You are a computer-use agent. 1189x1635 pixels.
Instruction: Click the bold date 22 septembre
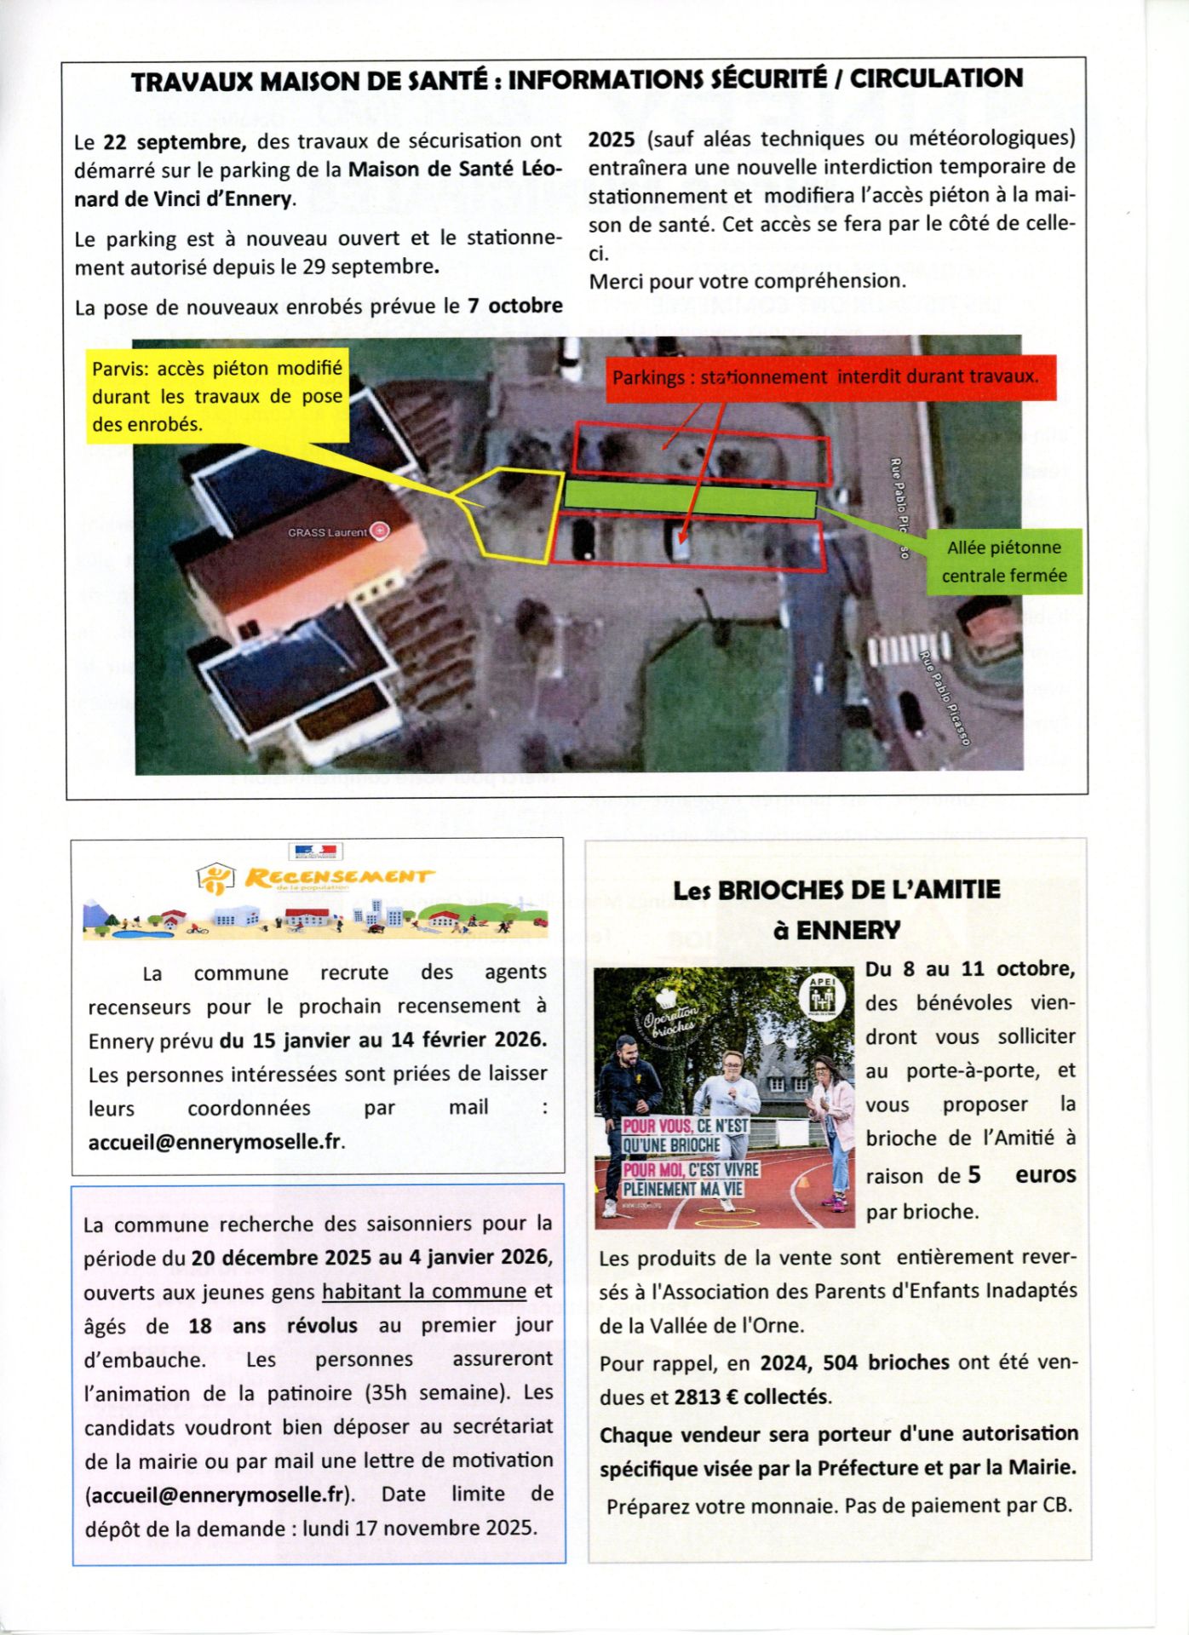click(x=175, y=141)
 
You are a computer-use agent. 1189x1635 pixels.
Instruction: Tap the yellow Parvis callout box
click(x=217, y=396)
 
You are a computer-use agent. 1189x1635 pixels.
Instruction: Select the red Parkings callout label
click(x=825, y=376)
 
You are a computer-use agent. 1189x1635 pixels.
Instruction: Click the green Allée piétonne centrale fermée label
click(x=1004, y=562)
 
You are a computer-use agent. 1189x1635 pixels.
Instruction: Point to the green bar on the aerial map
click(x=691, y=498)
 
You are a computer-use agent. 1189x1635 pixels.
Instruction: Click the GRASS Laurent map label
click(x=328, y=532)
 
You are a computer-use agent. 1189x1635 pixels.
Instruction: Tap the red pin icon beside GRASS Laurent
click(x=381, y=531)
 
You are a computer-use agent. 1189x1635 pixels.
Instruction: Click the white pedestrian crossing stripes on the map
click(x=909, y=650)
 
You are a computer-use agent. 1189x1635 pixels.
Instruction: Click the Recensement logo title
click(x=338, y=877)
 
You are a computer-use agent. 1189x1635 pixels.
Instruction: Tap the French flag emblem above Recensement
click(x=315, y=851)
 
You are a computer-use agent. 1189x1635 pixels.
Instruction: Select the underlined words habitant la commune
click(x=423, y=1291)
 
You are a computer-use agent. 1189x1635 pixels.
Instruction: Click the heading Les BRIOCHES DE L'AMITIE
click(x=836, y=891)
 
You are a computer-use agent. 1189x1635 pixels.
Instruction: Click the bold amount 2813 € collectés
click(x=752, y=1397)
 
